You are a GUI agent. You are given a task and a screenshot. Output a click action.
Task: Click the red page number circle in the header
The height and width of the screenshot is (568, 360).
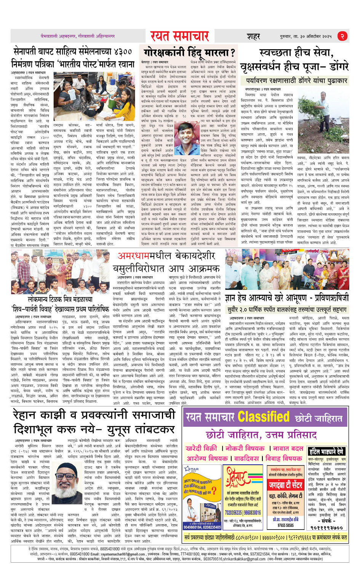tap(342, 36)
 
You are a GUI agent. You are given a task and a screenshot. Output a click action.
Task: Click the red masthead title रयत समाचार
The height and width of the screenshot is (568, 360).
tap(179, 36)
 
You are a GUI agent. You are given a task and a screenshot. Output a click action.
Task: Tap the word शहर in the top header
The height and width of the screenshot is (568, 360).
tap(253, 37)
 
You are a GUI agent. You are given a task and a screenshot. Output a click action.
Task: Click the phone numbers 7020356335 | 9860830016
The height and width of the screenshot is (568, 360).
tap(243, 513)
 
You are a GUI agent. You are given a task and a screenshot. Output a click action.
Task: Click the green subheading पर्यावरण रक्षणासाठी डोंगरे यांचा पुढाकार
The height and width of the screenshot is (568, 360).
tap(296, 81)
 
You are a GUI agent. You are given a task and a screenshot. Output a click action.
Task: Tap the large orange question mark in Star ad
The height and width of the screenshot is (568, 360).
tap(214, 491)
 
